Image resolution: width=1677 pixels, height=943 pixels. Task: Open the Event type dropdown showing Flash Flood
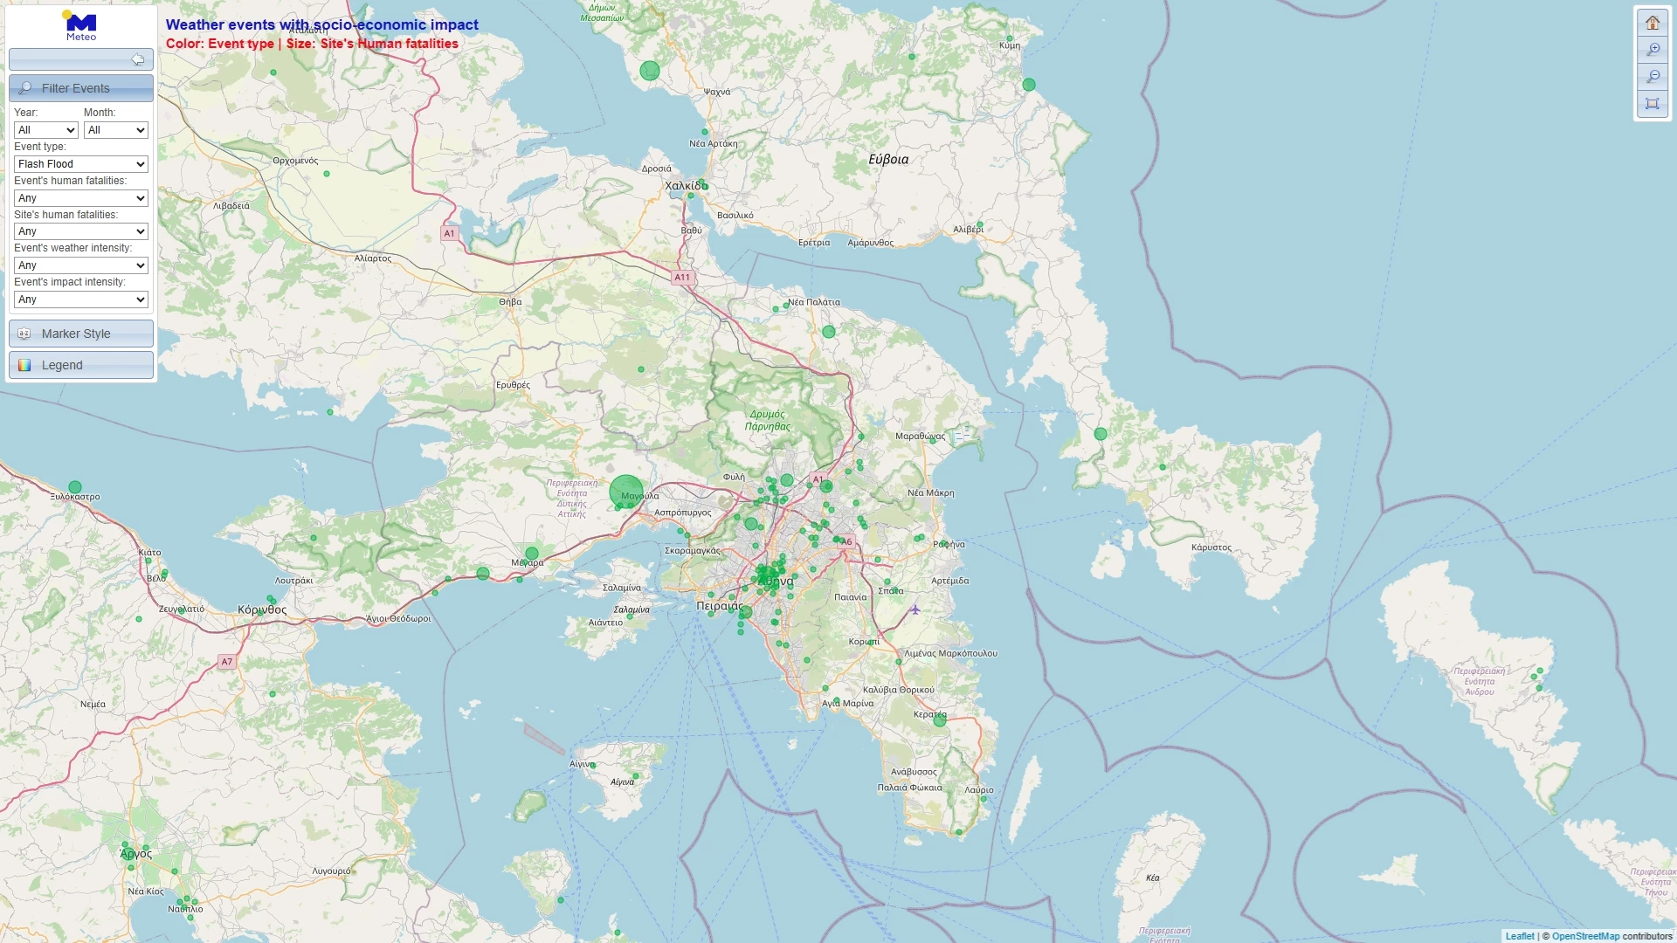[81, 164]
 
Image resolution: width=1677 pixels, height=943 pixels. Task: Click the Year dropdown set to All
[46, 130]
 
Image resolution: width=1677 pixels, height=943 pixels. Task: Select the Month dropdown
[115, 130]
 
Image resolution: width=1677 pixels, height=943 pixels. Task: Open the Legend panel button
[81, 365]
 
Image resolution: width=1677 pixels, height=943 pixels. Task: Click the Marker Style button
[81, 334]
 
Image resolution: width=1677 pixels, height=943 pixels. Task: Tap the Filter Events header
[81, 88]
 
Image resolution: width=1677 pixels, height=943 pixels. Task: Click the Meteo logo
[81, 26]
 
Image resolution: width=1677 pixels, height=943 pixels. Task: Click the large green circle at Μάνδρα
[626, 492]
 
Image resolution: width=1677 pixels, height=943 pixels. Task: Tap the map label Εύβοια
[888, 160]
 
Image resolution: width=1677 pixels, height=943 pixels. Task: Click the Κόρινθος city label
[262, 610]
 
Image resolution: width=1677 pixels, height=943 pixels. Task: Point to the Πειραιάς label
[719, 606]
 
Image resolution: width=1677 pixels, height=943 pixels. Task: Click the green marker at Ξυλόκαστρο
[75, 487]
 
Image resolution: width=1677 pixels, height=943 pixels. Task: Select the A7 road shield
[227, 662]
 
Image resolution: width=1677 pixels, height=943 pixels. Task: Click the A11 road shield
[682, 278]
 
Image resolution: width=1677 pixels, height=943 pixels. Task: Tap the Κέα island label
[1153, 878]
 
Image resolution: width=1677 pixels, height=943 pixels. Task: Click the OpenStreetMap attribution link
[1585, 936]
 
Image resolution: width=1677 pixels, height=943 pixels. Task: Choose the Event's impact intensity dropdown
[81, 299]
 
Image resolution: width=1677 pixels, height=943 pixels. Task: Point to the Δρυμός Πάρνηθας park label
[767, 421]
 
